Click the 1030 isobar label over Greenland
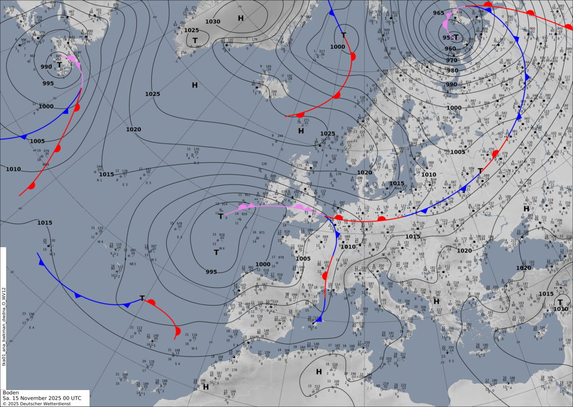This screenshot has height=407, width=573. [x=213, y=22]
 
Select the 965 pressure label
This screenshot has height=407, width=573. [x=438, y=13]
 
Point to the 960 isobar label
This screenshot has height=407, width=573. [x=450, y=49]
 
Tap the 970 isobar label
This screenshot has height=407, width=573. [x=452, y=60]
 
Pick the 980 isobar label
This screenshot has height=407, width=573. [x=453, y=71]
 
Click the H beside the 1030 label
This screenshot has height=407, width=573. [x=241, y=18]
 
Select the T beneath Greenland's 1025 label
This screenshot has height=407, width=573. [x=195, y=40]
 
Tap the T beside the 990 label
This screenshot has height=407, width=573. [x=59, y=65]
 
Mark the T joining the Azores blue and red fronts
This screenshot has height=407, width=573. [x=142, y=298]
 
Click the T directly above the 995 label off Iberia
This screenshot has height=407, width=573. [x=217, y=252]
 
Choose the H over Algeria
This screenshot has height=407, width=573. [x=319, y=372]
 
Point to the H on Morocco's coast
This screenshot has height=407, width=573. [x=206, y=387]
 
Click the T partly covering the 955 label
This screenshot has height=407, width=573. [x=457, y=37]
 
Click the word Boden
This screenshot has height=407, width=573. [x=11, y=393]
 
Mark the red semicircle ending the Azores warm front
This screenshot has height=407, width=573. [x=178, y=331]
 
